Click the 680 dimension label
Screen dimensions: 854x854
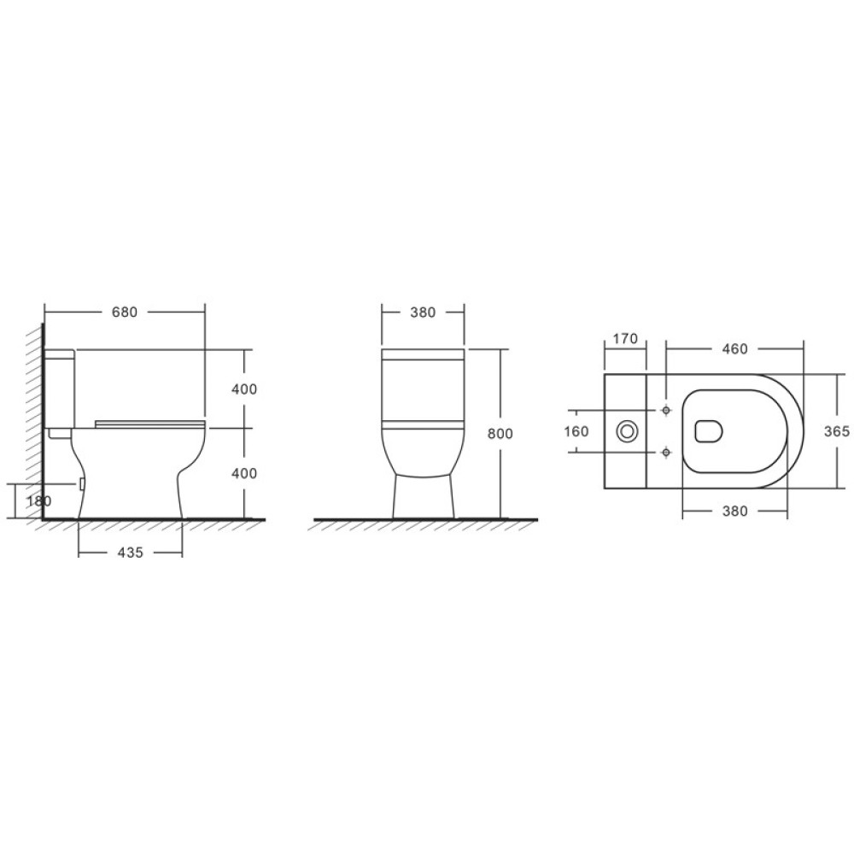125,313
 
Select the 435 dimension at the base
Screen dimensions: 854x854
130,553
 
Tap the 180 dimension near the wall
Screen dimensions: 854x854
38,500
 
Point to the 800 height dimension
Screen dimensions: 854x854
500,434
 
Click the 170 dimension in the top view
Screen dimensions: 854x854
625,339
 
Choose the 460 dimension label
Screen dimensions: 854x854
734,349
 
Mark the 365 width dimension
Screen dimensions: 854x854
837,431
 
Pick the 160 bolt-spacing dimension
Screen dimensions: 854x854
576,431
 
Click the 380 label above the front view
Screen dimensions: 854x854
424,313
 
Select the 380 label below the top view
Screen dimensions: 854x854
734,511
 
